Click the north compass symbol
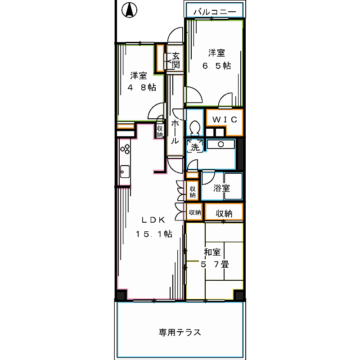coord(130,10)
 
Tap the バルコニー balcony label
coord(215,12)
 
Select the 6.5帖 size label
coord(216,66)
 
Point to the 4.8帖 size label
coord(141,87)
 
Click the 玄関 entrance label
coord(175,61)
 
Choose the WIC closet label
coord(225,119)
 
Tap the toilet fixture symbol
coord(195,127)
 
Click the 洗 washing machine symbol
coord(195,147)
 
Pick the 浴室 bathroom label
coord(222,188)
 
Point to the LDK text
coord(154,220)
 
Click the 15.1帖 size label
coord(154,234)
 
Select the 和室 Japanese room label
coord(212,252)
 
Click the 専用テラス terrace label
coord(180,333)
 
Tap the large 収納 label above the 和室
coord(224,214)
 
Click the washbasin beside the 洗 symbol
coord(221,144)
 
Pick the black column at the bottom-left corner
coord(121,296)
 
